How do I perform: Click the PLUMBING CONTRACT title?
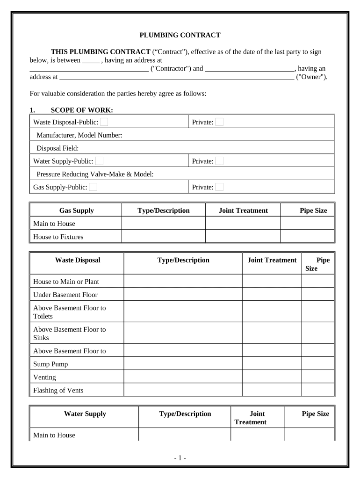click(x=180, y=35)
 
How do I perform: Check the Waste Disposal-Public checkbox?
click(x=104, y=122)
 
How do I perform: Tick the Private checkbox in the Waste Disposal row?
click(x=219, y=122)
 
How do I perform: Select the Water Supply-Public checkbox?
click(x=99, y=161)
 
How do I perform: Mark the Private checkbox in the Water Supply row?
click(x=219, y=161)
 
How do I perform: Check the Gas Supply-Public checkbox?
click(x=94, y=187)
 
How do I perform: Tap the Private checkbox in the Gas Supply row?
click(x=219, y=187)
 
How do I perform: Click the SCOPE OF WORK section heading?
click(x=81, y=110)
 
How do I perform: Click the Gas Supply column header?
click(x=76, y=210)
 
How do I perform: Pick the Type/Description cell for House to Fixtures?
click(x=163, y=237)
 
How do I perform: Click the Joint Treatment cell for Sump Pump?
click(x=272, y=364)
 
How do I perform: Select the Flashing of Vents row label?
click(x=58, y=390)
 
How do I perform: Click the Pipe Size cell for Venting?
click(x=318, y=377)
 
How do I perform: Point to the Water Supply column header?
click(x=85, y=414)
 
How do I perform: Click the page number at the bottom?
click(x=180, y=457)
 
